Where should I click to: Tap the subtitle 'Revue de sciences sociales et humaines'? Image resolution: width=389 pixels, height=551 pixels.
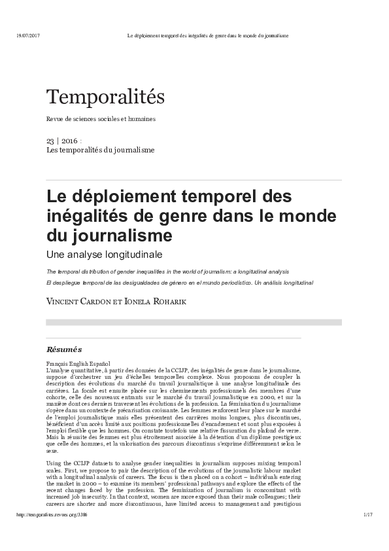point(101,119)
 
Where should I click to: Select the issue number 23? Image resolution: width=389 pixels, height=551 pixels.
point(50,141)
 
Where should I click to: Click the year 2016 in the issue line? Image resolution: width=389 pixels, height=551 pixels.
point(69,141)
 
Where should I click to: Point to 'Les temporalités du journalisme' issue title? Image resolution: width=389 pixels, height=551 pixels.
point(100,150)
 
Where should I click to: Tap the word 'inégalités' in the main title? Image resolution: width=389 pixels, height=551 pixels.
point(84,215)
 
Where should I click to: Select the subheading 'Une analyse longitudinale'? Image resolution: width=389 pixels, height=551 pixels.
point(103,253)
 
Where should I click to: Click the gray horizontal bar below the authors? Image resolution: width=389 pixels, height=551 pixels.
point(194,322)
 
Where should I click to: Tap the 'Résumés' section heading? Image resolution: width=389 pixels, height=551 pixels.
point(64,349)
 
